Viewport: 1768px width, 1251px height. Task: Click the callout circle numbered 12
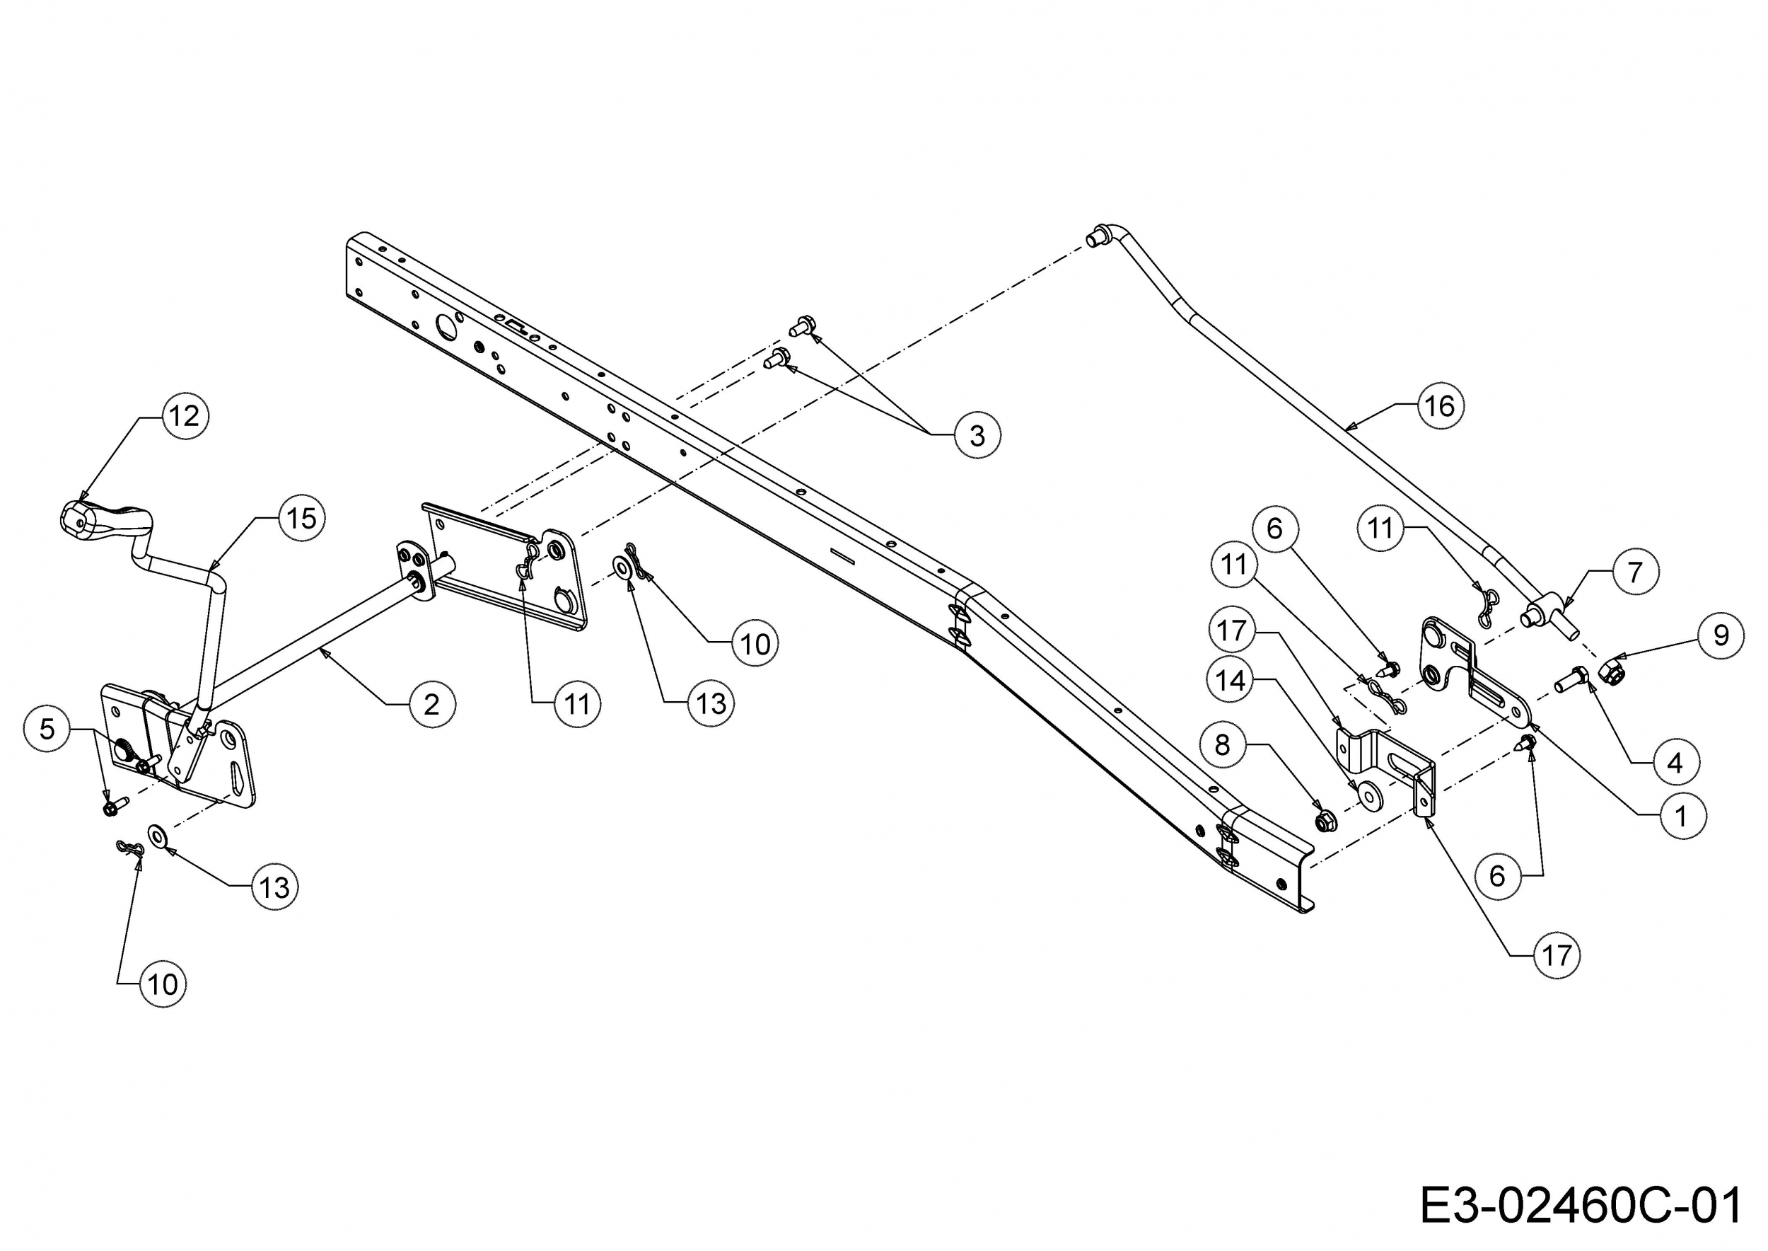pyautogui.click(x=184, y=416)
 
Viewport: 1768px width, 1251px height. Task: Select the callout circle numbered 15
pyautogui.click(x=301, y=518)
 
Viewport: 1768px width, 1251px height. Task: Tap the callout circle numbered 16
pyautogui.click(x=1440, y=405)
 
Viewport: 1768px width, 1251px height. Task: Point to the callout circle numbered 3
pyautogui.click(x=977, y=435)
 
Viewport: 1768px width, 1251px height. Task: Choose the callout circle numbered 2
pyautogui.click(x=431, y=703)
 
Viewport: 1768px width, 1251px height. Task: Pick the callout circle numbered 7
pyautogui.click(x=1635, y=572)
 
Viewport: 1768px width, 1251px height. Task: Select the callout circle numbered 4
pyautogui.click(x=1674, y=763)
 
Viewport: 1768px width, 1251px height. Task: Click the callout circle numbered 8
pyautogui.click(x=1223, y=745)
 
